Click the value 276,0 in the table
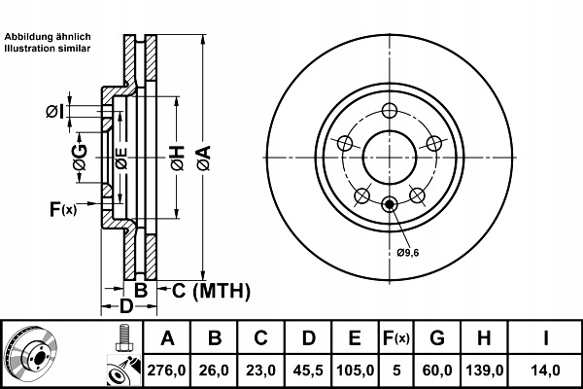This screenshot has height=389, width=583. tap(166, 371)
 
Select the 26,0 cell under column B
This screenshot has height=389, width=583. tap(214, 371)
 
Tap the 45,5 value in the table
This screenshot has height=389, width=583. tap(308, 371)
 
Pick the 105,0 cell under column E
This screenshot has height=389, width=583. tap(355, 371)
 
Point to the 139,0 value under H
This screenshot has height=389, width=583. tap(485, 371)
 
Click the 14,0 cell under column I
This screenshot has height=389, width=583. tap(545, 371)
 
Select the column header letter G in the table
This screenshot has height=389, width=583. tap(437, 338)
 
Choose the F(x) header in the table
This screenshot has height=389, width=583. tap(396, 338)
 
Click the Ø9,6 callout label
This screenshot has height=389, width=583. tap(407, 253)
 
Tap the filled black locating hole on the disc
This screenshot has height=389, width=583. tap(390, 204)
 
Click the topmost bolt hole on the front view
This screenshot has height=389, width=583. tap(390, 111)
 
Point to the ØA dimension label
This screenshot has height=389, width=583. tap(204, 158)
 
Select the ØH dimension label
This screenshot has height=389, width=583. tap(178, 158)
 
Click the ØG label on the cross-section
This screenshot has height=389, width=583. tap(80, 158)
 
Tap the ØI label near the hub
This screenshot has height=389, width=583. tap(55, 111)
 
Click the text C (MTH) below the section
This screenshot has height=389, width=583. tap(211, 291)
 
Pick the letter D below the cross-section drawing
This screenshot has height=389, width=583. tap(126, 306)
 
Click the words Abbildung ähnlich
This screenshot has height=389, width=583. tap(48, 37)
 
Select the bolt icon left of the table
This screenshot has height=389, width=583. tap(123, 337)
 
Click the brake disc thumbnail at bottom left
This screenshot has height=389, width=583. tap(31, 352)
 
